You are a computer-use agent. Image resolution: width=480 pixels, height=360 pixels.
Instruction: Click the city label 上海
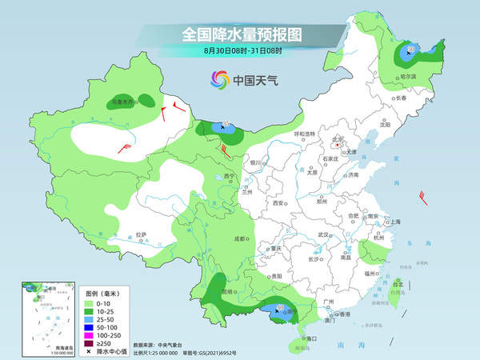click(x=392, y=222)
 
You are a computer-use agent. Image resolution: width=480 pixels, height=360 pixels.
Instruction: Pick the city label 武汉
click(x=324, y=234)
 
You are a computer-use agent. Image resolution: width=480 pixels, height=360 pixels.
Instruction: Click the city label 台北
click(x=398, y=283)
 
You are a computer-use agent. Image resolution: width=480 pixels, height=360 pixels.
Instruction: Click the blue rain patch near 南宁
click(x=282, y=310)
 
